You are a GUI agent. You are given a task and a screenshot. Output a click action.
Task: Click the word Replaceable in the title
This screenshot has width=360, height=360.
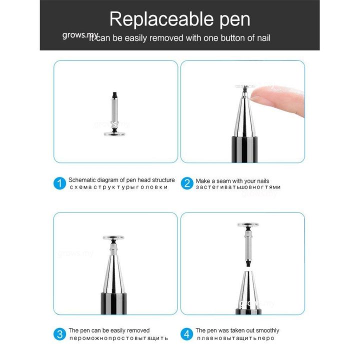coord(152,19)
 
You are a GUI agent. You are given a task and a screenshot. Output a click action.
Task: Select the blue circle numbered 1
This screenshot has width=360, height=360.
coord(59,183)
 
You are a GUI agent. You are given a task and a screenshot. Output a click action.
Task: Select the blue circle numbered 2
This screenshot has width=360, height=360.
coord(186,183)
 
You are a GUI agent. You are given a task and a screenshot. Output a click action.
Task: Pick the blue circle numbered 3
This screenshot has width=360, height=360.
coord(59,334)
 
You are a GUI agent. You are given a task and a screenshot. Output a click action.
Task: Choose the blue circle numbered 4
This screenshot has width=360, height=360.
coord(186,334)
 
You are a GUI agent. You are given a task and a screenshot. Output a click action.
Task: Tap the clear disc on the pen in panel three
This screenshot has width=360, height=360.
coord(113,238)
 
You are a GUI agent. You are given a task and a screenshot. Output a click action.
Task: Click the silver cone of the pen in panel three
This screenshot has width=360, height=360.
coord(113,272)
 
